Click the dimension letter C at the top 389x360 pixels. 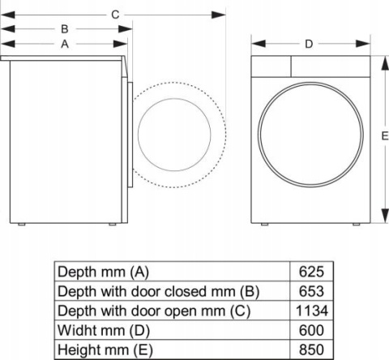tap(115, 14)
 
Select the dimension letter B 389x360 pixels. tap(64, 29)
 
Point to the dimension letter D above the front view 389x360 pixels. tap(309, 44)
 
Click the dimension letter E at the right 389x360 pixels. tap(384, 138)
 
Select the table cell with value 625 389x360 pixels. tap(311, 272)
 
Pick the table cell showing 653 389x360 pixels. tap(311, 291)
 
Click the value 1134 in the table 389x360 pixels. tap(311, 311)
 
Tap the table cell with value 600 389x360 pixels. tap(311, 330)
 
